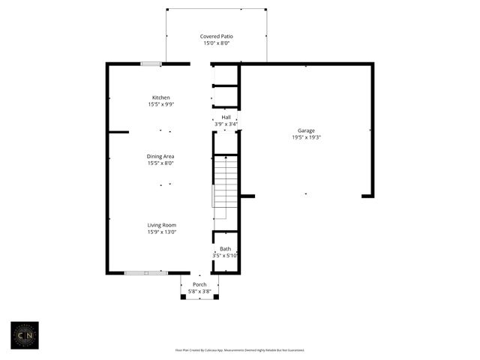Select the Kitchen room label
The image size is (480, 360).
(x=160, y=97)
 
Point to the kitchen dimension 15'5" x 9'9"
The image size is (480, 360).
(x=160, y=104)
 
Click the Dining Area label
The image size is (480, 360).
(x=160, y=156)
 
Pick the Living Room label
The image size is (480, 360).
(x=162, y=225)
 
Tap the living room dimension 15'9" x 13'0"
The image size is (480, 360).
(x=162, y=232)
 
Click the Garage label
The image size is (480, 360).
(x=305, y=130)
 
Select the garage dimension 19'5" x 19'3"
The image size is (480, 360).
(x=305, y=137)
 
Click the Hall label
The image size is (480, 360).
(x=226, y=118)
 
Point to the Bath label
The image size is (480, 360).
(x=225, y=248)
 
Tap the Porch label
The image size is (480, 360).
(x=199, y=284)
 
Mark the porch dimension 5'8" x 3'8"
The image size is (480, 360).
(x=199, y=291)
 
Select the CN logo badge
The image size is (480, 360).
(x=25, y=336)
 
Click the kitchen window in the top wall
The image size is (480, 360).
(x=151, y=64)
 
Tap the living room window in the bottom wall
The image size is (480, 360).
(x=146, y=272)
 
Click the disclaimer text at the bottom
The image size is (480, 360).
(x=239, y=349)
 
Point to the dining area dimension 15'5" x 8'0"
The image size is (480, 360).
(x=160, y=163)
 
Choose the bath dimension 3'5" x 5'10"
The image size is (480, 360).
(x=225, y=255)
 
